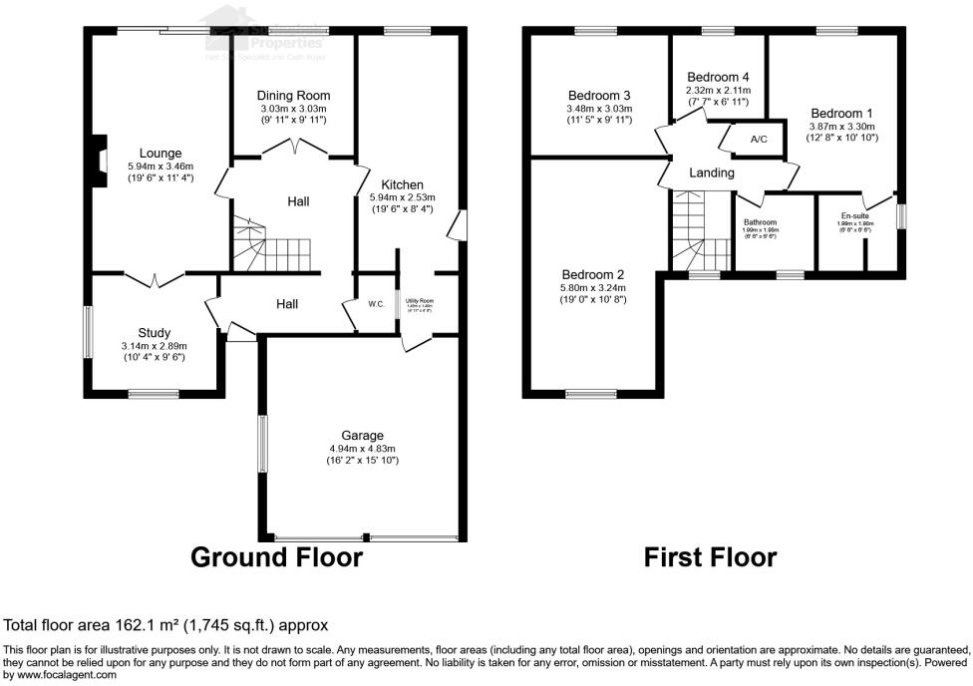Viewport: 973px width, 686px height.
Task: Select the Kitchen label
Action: click(402, 184)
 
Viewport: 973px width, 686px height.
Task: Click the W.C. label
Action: click(376, 304)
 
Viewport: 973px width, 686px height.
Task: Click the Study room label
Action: click(155, 333)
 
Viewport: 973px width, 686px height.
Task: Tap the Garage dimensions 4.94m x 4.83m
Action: click(362, 448)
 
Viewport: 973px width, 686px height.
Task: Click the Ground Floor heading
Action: click(276, 556)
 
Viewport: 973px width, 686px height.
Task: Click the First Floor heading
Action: click(710, 556)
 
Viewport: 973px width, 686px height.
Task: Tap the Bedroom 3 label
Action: click(598, 96)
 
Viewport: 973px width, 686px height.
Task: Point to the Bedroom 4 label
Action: click(718, 77)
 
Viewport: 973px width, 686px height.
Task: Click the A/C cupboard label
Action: click(758, 139)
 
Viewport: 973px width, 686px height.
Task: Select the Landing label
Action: click(712, 172)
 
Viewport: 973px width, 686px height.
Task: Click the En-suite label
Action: click(854, 215)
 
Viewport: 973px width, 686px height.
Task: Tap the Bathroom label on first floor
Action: click(760, 222)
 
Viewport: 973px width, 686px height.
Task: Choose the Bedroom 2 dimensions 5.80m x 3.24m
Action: click(593, 287)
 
